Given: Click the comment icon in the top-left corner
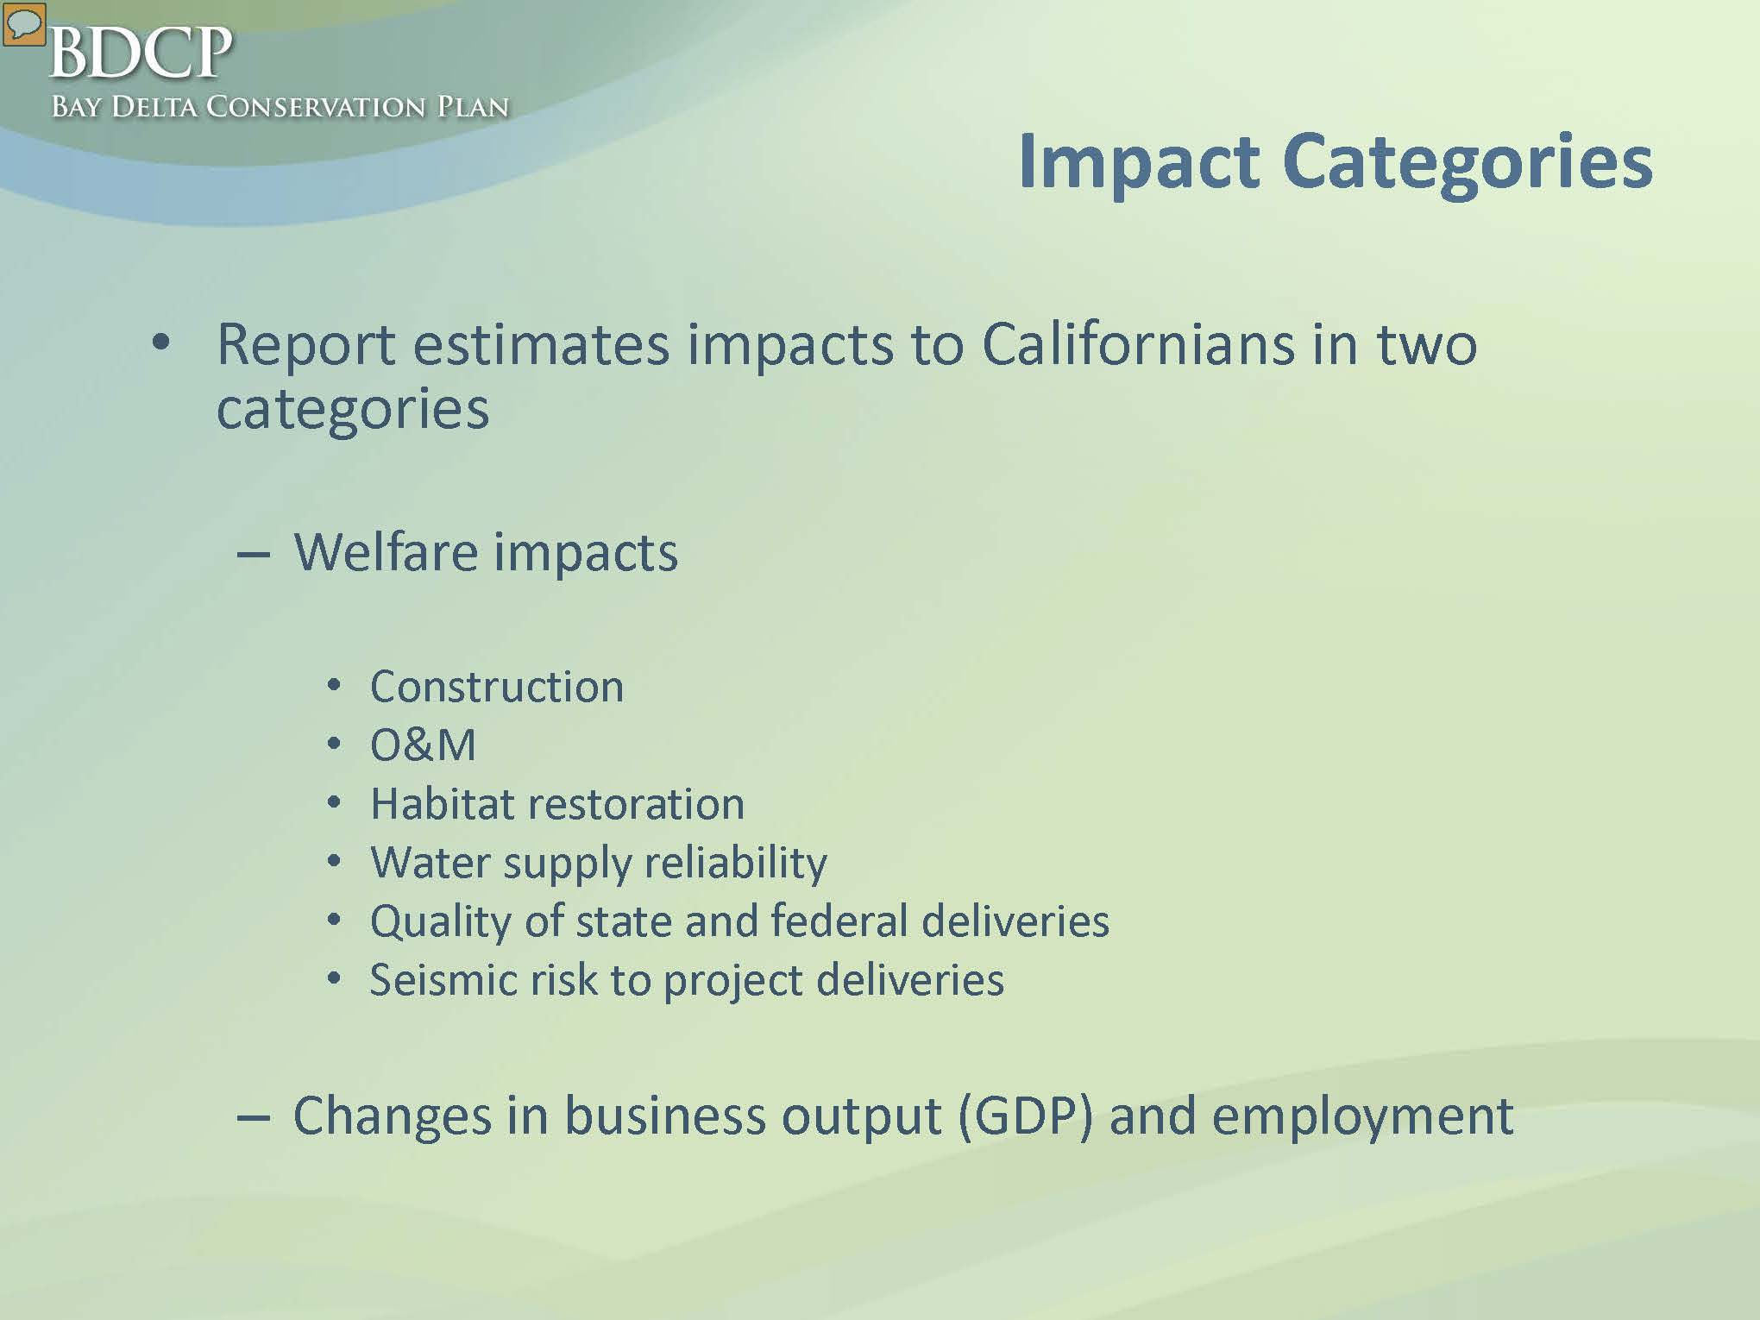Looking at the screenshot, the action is pos(23,23).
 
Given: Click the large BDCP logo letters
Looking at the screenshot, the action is pos(141,52).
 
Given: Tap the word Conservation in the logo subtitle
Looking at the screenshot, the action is pos(316,107).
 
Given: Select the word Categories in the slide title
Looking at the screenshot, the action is pos(1468,163).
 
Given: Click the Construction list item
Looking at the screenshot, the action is pos(497,687).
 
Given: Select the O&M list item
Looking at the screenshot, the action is pos(423,745).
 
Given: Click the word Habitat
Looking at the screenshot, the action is pos(442,803).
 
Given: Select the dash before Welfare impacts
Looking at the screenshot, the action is pos(254,555).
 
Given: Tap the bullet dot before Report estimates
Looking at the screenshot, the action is pos(161,343).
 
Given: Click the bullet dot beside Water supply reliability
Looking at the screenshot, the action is pos(335,861).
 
